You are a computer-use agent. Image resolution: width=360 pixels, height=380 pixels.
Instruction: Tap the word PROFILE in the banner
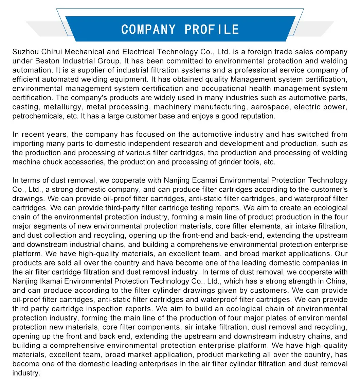(x=212, y=29)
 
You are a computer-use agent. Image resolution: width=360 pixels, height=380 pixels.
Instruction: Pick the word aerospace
(x=272, y=107)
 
